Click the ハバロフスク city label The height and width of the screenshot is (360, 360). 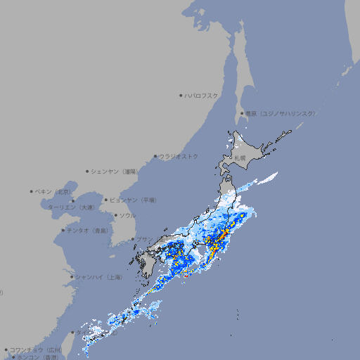coord(202,96)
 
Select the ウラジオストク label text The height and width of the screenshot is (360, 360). coord(179,156)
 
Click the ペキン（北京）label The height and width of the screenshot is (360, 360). coord(54,191)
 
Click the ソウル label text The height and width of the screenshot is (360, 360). coord(127,215)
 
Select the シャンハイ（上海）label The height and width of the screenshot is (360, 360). coord(98,277)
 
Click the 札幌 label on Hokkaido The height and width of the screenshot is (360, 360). coord(240,158)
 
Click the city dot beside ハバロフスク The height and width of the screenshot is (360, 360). coord(181,96)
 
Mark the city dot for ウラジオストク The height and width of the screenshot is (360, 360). coord(155,156)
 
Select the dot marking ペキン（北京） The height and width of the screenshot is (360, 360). coord(31,191)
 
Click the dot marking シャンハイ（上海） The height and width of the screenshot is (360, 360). coord(71,277)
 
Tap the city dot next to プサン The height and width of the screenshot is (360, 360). coord(132,240)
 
